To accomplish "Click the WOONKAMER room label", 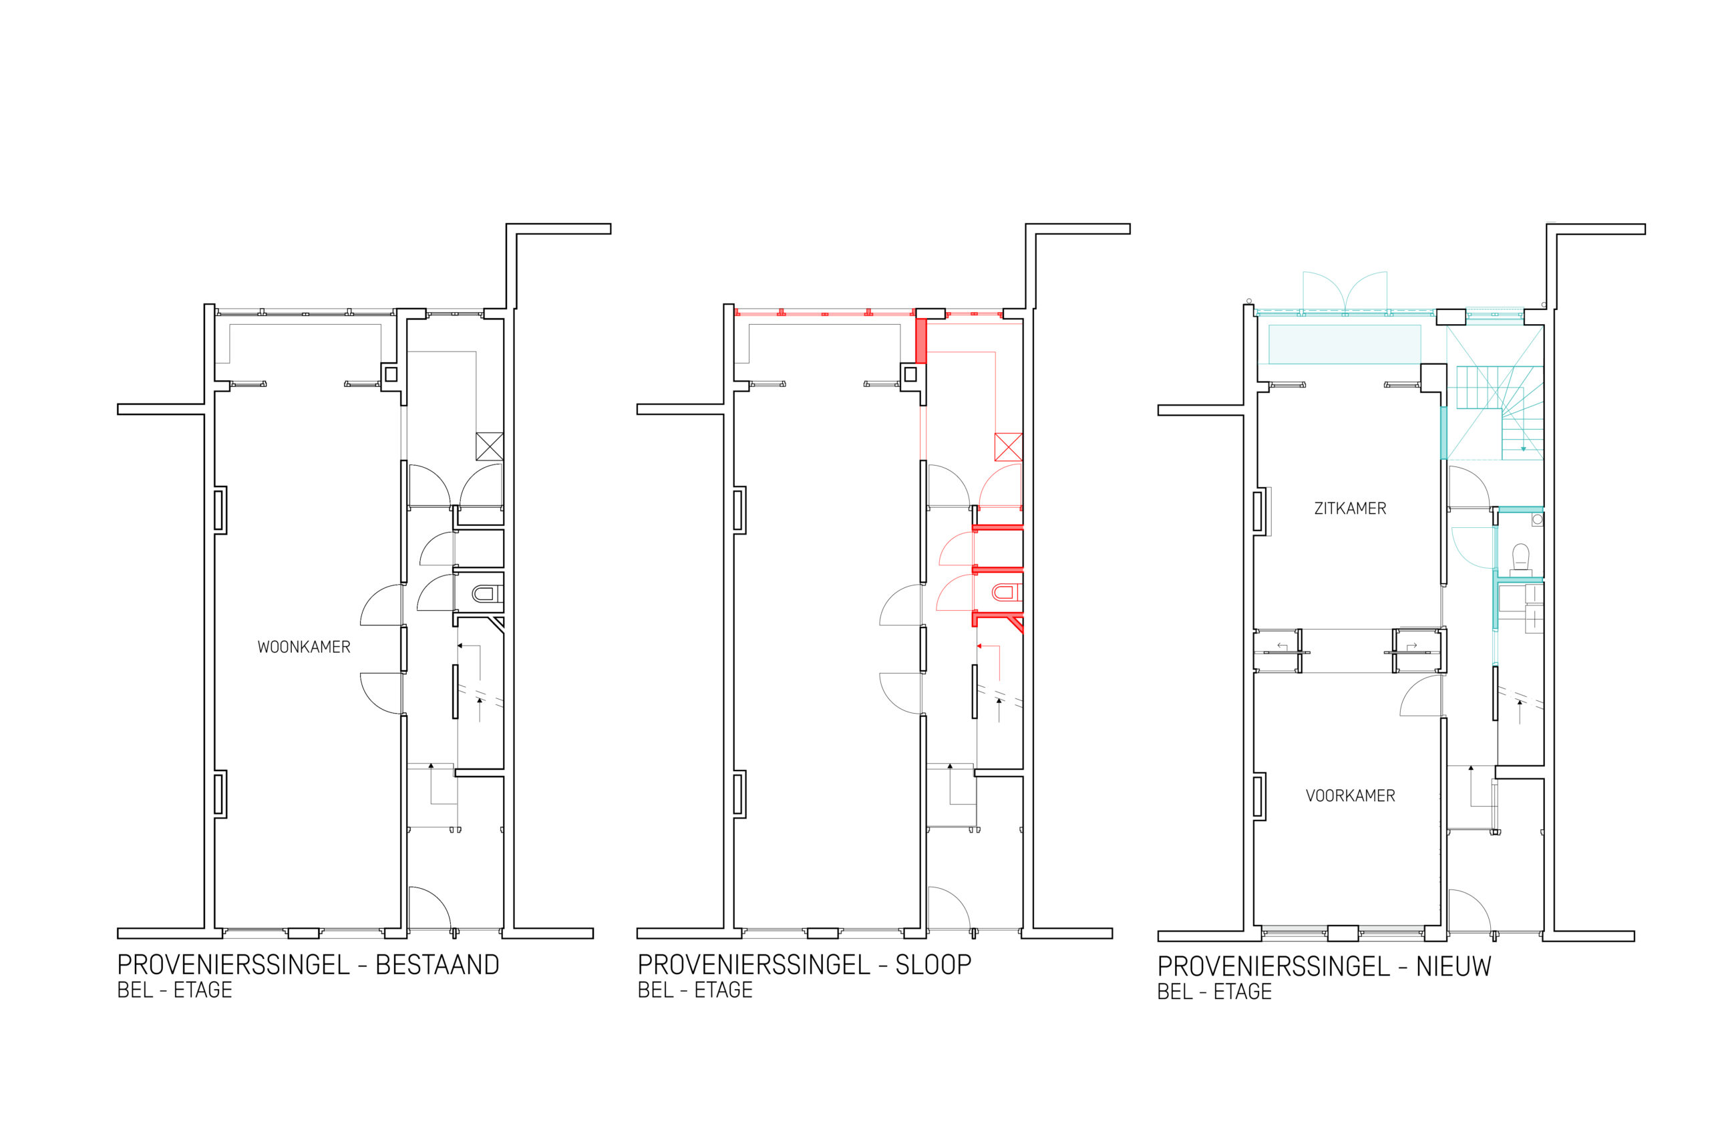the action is click(x=304, y=647).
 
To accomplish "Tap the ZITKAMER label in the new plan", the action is click(x=1349, y=509).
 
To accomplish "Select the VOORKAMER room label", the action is click(x=1350, y=796).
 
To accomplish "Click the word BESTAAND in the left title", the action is click(x=437, y=965).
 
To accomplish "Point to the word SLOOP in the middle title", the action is click(x=932, y=965).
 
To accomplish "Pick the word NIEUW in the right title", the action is click(x=1453, y=966).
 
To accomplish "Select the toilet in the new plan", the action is click(x=1520, y=559).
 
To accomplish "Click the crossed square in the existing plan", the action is click(x=489, y=446).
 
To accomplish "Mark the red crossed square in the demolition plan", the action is click(x=1008, y=446).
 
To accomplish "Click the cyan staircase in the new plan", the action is click(x=1498, y=413).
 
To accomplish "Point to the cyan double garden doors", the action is click(x=1345, y=291).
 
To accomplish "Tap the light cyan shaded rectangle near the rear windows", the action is click(x=1345, y=344).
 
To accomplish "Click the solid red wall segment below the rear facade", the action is click(x=920, y=340).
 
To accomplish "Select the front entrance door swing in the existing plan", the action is click(x=430, y=907).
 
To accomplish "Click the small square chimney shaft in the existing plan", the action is click(x=391, y=374).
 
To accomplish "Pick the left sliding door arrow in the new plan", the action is click(x=1282, y=646).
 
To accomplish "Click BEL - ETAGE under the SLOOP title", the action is click(x=695, y=990).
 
